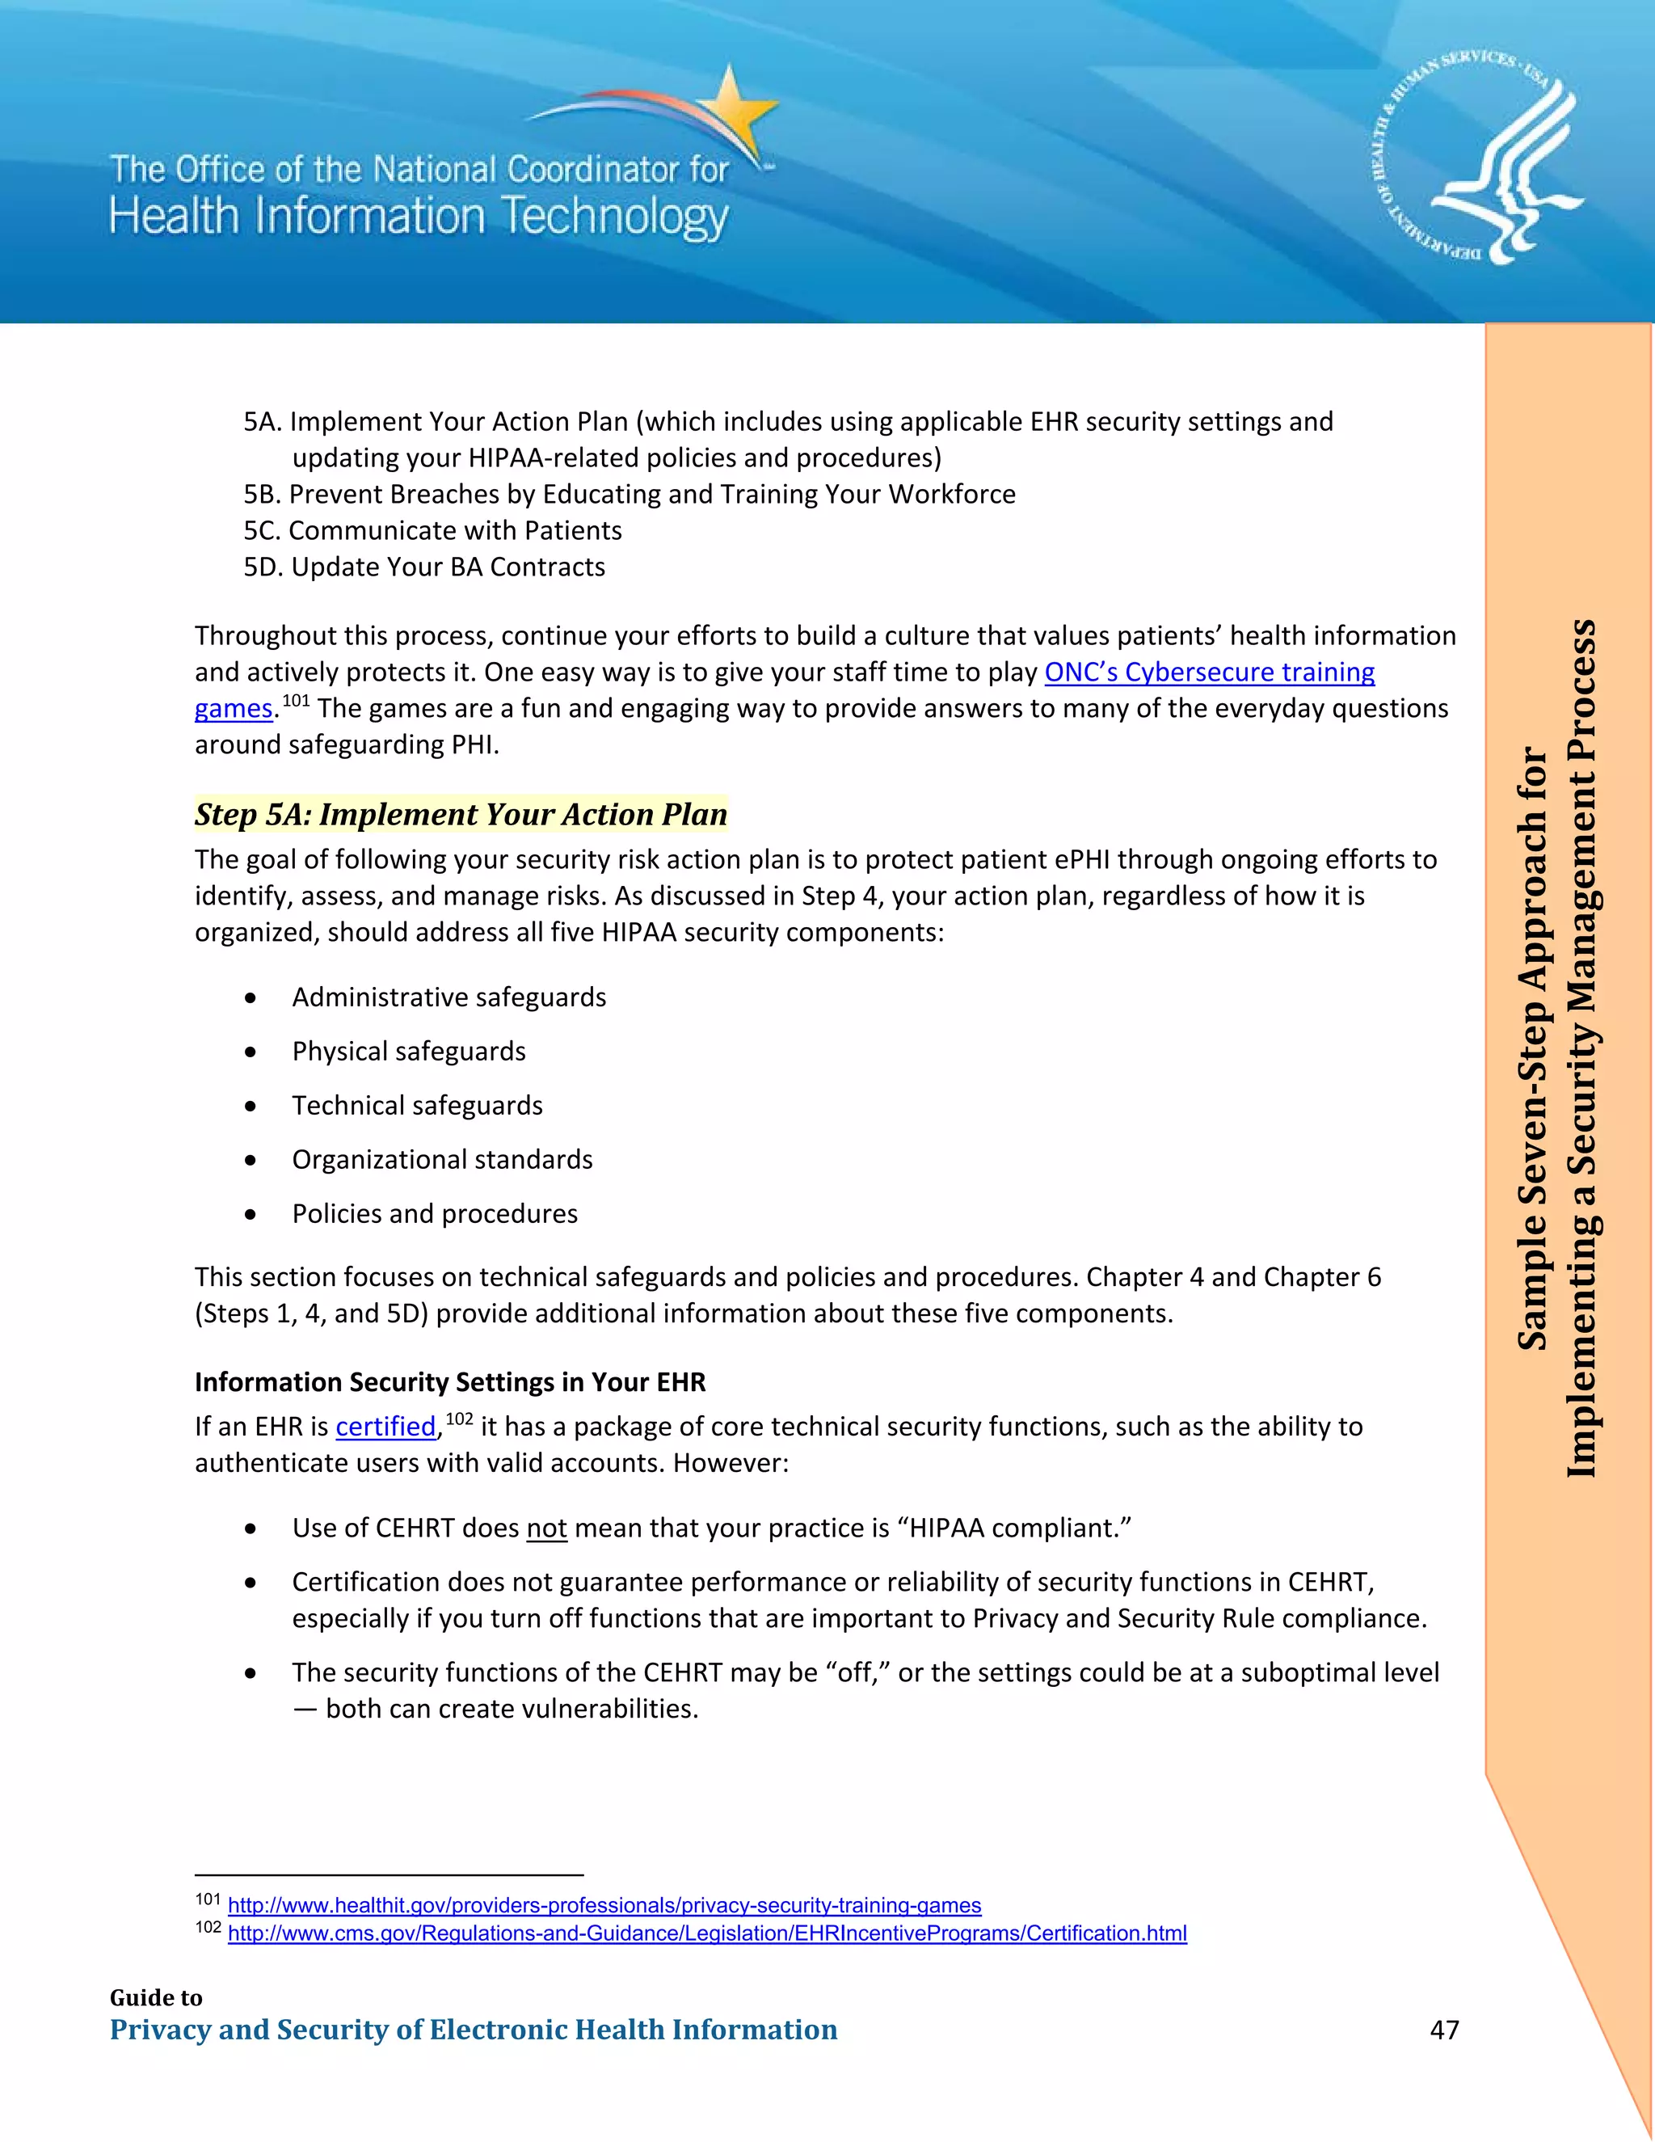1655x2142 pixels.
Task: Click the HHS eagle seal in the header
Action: tap(1476, 158)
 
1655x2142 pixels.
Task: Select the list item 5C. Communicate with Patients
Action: tap(432, 530)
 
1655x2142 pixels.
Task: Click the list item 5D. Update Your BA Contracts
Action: tap(424, 567)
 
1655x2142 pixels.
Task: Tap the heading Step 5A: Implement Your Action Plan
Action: tap(461, 814)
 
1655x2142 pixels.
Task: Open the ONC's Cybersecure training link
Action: tap(1209, 672)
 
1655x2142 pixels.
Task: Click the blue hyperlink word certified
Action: tap(385, 1426)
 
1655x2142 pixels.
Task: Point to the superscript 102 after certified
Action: tap(459, 1419)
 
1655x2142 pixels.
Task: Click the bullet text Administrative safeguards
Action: tap(449, 997)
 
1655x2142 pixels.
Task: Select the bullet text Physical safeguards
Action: tap(409, 1052)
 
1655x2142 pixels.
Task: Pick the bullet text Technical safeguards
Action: tap(417, 1105)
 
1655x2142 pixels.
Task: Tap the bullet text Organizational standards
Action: tap(442, 1159)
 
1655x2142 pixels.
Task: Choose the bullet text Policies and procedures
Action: tap(434, 1214)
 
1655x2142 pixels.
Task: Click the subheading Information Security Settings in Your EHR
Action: tap(450, 1382)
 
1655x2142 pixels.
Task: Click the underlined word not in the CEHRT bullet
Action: tap(547, 1528)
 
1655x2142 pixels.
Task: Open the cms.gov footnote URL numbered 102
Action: tap(707, 1933)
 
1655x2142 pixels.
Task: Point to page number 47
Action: tap(1444, 2029)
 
